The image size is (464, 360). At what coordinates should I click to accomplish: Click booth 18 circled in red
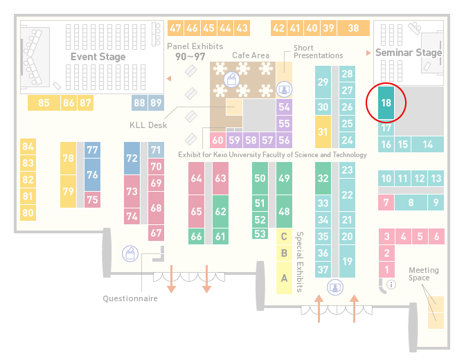(x=386, y=102)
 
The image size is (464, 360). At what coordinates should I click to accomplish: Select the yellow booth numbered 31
(x=323, y=132)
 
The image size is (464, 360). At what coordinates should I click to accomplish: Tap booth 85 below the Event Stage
(x=44, y=102)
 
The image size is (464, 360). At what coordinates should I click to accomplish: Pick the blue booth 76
(x=92, y=174)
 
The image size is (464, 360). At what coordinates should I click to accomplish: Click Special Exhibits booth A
(x=284, y=278)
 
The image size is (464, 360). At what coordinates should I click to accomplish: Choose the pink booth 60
(x=217, y=140)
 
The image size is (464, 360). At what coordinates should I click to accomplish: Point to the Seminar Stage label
(x=409, y=53)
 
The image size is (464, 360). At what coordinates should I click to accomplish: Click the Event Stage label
(x=98, y=57)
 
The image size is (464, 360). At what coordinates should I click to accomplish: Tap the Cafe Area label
(x=251, y=55)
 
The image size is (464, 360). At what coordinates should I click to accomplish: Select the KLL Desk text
(x=148, y=125)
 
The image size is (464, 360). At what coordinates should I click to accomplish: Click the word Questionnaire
(x=130, y=298)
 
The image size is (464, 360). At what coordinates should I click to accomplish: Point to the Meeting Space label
(x=423, y=274)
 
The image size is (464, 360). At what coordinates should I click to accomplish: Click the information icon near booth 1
(x=391, y=285)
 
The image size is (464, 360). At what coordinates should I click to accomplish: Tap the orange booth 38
(x=354, y=28)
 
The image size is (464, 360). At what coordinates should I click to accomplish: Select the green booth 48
(x=284, y=211)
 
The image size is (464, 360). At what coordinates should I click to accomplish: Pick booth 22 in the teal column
(x=347, y=195)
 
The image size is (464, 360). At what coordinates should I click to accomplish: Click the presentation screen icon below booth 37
(x=335, y=287)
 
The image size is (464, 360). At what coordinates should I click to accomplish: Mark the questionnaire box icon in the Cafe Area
(x=231, y=80)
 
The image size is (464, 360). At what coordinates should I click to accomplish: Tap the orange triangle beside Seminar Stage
(x=368, y=53)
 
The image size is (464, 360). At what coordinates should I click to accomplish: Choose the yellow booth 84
(x=28, y=147)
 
